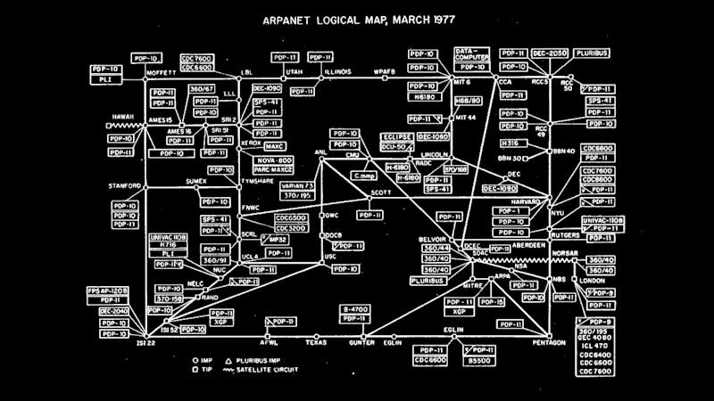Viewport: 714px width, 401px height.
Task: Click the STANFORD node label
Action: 126,186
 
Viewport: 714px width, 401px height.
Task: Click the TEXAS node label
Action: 316,341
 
